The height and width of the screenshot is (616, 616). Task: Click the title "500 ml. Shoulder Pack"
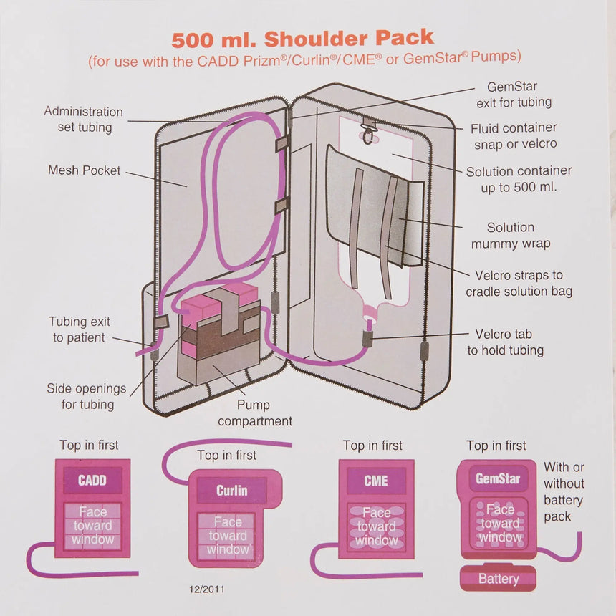(x=302, y=38)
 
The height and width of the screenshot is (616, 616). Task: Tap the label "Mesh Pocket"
(x=85, y=170)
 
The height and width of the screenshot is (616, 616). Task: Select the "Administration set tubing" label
(x=84, y=120)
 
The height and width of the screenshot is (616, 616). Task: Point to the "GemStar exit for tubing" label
(x=514, y=95)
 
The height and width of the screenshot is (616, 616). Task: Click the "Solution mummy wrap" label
(x=510, y=235)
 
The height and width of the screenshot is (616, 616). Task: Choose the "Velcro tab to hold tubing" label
(x=505, y=342)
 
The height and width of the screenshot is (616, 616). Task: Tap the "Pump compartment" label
(x=255, y=413)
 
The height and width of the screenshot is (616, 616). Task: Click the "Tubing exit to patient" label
(x=79, y=329)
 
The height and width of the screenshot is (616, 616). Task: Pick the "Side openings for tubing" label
(x=86, y=396)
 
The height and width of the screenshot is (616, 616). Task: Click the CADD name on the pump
(x=92, y=480)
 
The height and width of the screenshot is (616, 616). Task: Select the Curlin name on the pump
(x=231, y=491)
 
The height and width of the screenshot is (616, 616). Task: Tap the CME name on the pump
(x=376, y=481)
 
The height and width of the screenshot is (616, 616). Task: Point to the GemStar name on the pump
(x=498, y=478)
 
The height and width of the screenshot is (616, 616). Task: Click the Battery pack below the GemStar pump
(x=499, y=578)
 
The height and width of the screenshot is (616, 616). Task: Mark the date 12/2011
(x=207, y=589)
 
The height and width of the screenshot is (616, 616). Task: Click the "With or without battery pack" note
(x=564, y=492)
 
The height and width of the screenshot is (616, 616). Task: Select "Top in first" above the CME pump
(x=372, y=446)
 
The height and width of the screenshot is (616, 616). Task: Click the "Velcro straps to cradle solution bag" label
(x=519, y=283)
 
